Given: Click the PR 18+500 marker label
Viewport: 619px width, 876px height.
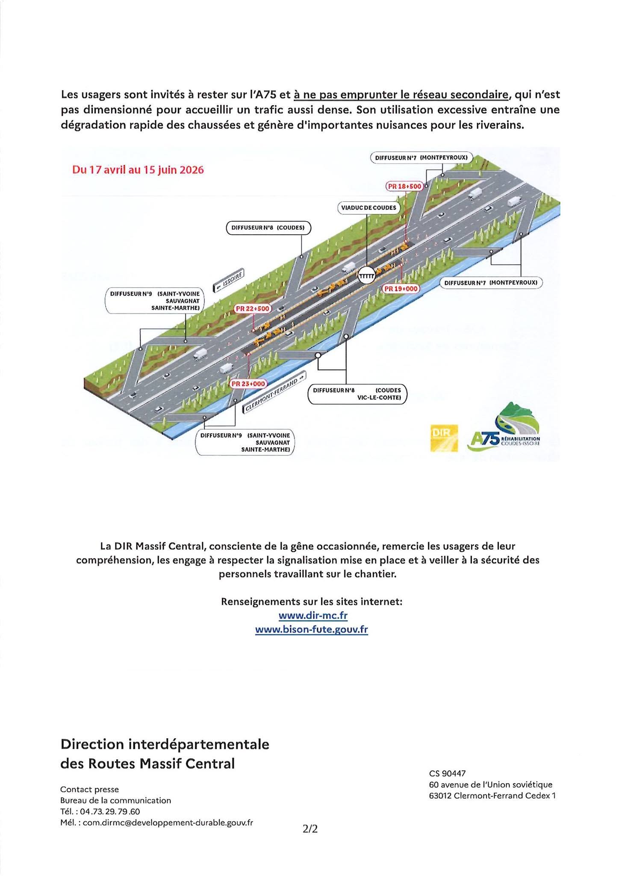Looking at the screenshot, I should (404, 186).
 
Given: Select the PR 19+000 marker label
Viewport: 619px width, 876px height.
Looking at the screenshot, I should (400, 289).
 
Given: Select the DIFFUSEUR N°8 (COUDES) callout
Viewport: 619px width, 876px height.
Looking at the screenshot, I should (268, 228).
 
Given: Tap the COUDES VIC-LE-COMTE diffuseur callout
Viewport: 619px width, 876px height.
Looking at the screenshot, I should (357, 394).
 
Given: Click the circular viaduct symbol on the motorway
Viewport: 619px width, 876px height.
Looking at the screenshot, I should (366, 276).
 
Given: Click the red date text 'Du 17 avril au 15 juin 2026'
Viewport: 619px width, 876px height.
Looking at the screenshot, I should (138, 170).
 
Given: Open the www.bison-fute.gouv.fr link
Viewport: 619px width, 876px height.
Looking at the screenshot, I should (311, 630).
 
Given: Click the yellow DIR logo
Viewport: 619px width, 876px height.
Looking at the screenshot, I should (444, 438).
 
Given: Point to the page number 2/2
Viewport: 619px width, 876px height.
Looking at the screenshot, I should (310, 829).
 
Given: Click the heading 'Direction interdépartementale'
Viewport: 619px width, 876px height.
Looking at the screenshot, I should (165, 744).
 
